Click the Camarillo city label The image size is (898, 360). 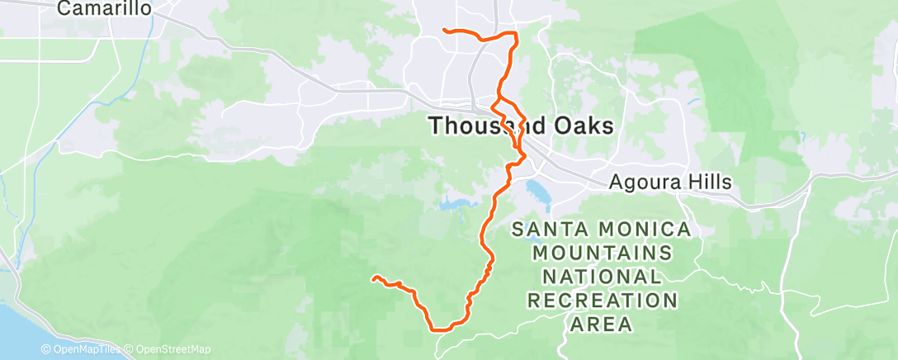click(x=105, y=9)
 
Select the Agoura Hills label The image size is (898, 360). click(x=669, y=182)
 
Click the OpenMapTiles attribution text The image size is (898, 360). click(x=81, y=349)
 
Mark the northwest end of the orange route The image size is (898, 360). click(x=445, y=31)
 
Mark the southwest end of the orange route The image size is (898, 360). click(x=374, y=278)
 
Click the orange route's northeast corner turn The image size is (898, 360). click(x=516, y=34)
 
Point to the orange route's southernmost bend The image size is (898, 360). click(x=437, y=328)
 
